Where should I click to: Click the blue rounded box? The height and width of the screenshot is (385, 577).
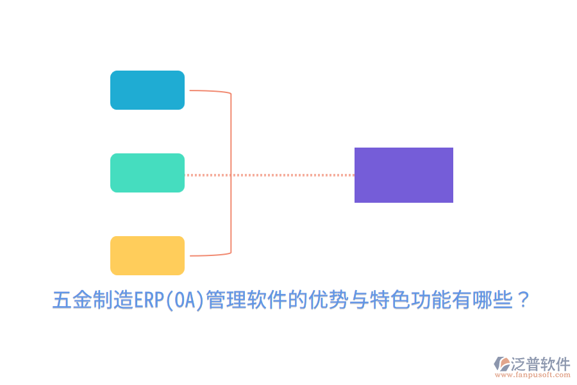(x=147, y=90)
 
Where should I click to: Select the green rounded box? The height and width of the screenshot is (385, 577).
(x=147, y=173)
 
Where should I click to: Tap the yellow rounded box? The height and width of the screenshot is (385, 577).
(x=147, y=255)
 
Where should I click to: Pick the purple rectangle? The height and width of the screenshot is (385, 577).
(x=404, y=175)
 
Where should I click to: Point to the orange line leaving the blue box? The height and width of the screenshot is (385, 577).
(x=208, y=91)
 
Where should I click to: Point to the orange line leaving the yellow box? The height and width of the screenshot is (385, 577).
(x=208, y=255)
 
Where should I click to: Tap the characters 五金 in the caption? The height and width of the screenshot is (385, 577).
(x=72, y=300)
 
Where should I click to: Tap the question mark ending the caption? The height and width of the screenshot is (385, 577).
(x=523, y=300)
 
